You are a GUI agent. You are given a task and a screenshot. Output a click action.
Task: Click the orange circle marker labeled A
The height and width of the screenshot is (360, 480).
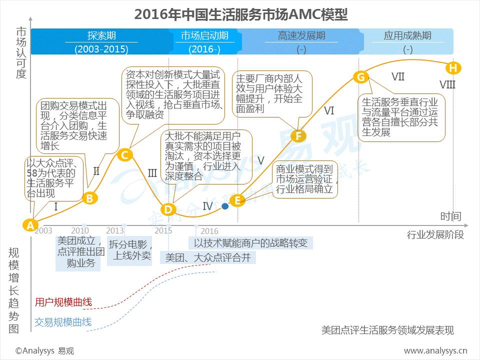click(x=30, y=225)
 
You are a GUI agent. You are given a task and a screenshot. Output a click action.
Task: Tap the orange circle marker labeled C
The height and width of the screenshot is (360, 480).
click(x=124, y=154)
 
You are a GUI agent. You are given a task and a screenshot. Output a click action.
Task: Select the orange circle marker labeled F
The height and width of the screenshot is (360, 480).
click(x=298, y=135)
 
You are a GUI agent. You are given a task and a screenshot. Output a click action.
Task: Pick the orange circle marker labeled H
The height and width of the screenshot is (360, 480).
click(x=453, y=67)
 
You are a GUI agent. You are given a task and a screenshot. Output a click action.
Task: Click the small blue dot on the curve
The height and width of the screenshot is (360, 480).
click(x=225, y=205)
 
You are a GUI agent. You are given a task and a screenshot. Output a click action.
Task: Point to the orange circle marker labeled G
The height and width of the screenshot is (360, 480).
click(x=360, y=76)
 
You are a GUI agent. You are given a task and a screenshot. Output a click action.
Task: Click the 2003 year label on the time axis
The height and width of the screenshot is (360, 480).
click(x=43, y=230)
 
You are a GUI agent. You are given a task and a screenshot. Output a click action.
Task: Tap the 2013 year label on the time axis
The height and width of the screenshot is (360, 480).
click(x=115, y=230)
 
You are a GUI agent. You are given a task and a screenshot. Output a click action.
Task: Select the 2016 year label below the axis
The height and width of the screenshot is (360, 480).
click(x=209, y=231)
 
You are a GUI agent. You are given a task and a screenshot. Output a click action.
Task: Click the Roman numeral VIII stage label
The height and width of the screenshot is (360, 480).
click(x=447, y=84)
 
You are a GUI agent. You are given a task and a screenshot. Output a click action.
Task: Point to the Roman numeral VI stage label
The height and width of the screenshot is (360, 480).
click(x=328, y=111)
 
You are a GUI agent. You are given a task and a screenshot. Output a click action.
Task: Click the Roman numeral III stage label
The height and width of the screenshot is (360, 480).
click(x=152, y=173)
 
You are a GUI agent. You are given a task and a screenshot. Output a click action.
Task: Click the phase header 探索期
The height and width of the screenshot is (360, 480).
click(x=101, y=36)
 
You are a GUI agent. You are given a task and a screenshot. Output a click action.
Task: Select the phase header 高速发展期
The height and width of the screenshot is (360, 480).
click(x=301, y=36)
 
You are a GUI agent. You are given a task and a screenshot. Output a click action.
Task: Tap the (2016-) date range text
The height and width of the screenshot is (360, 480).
click(x=204, y=49)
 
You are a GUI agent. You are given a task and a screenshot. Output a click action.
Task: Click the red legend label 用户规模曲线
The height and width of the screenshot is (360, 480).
click(x=63, y=302)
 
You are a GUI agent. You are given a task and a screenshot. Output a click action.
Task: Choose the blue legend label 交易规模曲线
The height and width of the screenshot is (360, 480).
click(x=63, y=322)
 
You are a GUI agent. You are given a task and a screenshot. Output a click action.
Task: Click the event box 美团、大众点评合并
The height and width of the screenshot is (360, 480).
click(x=207, y=257)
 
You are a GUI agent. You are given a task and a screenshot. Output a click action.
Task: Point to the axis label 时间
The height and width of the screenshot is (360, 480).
click(x=450, y=216)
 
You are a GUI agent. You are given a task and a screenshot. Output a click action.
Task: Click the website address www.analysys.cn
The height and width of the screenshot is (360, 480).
click(x=435, y=350)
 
